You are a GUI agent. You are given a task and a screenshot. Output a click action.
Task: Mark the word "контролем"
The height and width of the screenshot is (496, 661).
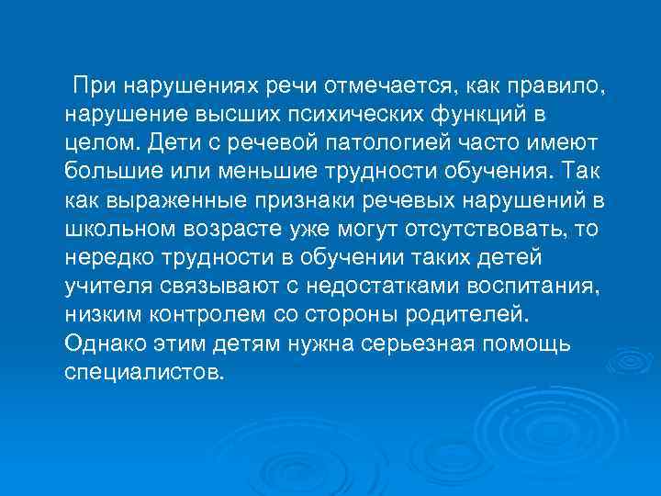click(x=202, y=314)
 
